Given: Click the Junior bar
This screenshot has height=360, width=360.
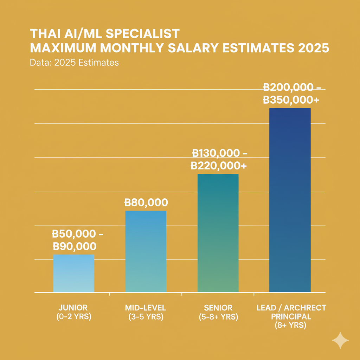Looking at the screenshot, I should (x=73, y=273).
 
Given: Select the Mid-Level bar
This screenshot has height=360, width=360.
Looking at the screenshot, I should (x=146, y=251).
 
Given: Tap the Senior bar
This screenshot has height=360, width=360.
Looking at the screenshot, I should (x=218, y=233).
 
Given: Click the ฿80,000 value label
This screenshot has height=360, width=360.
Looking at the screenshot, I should (x=146, y=202).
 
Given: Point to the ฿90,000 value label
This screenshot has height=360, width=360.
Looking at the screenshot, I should (x=74, y=246).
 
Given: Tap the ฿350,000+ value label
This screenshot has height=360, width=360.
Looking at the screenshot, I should (x=291, y=99).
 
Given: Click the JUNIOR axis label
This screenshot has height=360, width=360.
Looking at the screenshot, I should (x=74, y=308).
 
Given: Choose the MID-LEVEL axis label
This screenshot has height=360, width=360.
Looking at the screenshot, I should (x=146, y=308).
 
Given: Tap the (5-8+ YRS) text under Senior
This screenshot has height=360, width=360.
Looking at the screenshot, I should (x=218, y=317).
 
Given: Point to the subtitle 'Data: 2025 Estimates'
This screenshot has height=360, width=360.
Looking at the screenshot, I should (x=74, y=63).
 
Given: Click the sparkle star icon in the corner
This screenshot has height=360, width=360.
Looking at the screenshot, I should (x=340, y=340).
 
